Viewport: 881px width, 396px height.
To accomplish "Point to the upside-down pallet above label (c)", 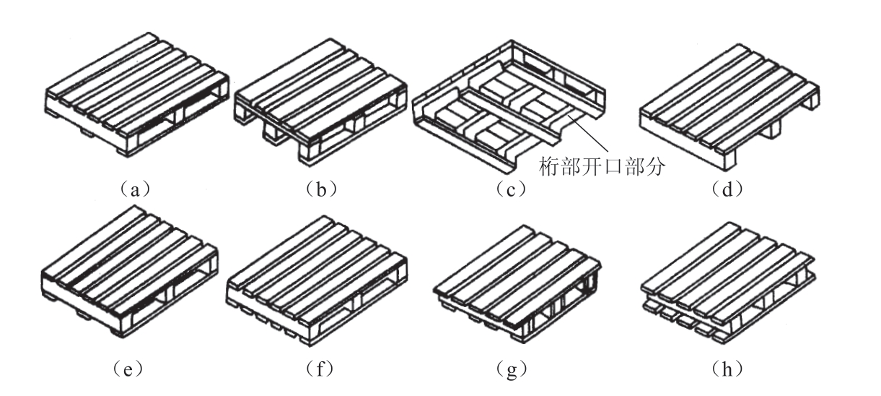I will [509, 105].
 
